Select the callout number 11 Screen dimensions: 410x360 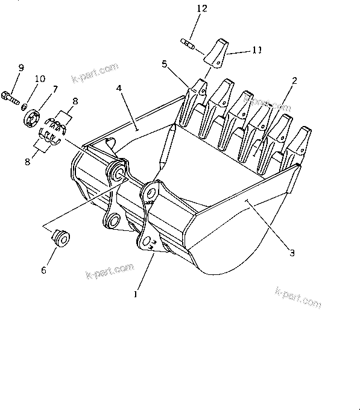coord(257,51)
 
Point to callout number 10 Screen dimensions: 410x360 coord(40,78)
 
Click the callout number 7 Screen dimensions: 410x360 coord(55,89)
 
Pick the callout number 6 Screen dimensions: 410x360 coord(43,270)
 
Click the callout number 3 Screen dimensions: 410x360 coord(291,253)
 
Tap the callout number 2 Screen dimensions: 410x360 coord(295,80)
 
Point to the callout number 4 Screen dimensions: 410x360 coord(119,88)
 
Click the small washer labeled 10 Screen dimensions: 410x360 coord(25,107)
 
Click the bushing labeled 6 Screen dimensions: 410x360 coord(61,237)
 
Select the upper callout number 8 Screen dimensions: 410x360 coord(75,102)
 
